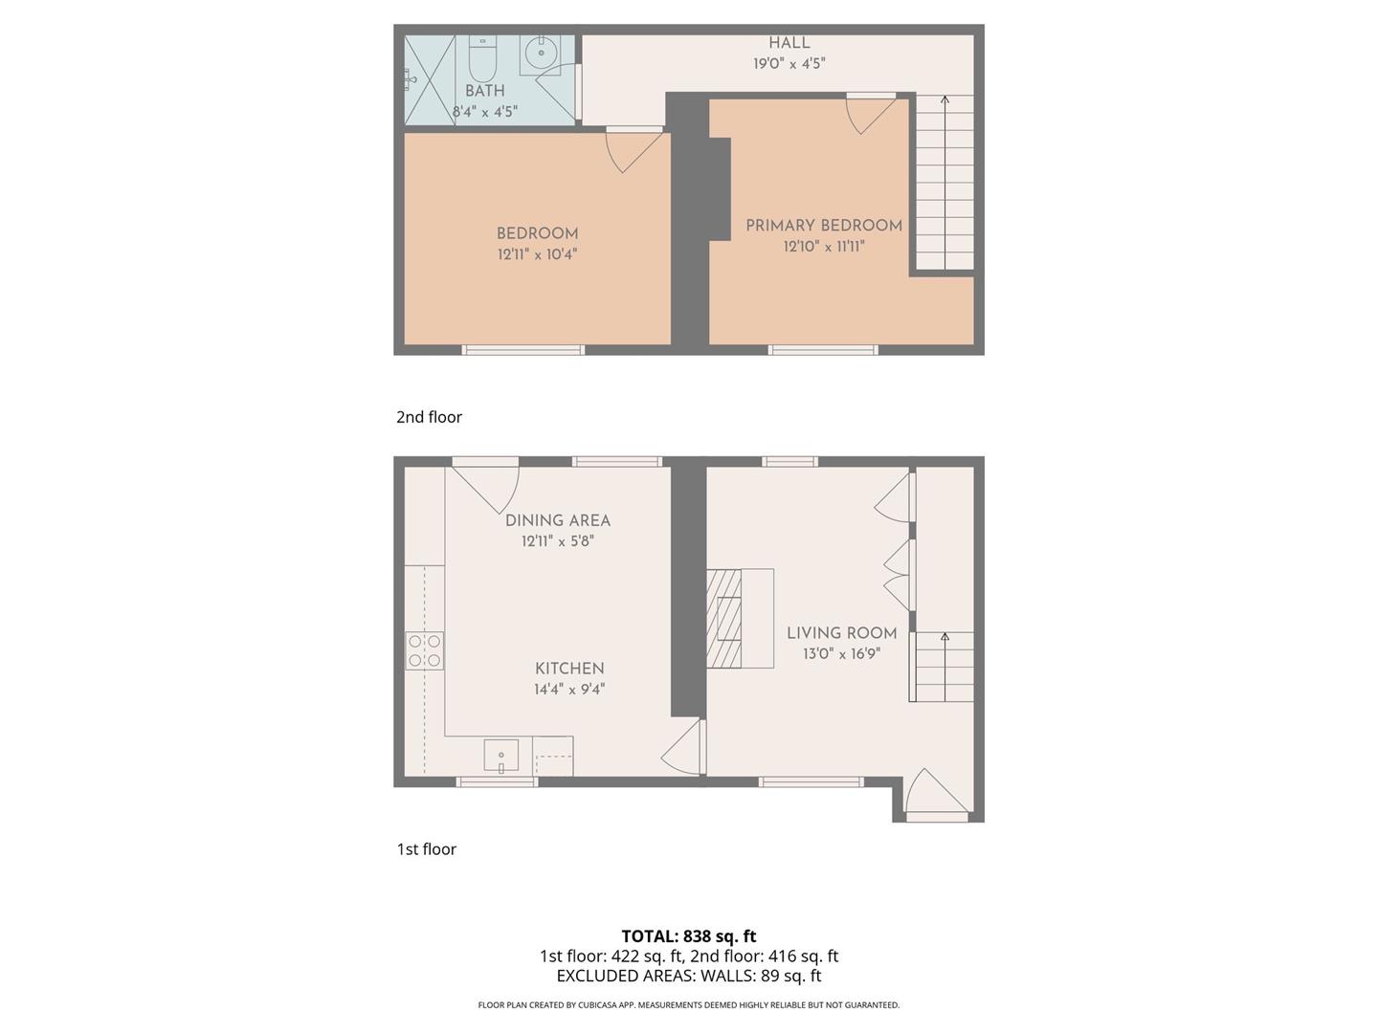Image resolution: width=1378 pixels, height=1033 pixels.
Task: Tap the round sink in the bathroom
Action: tap(541, 53)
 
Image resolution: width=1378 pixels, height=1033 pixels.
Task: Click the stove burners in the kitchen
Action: tap(425, 650)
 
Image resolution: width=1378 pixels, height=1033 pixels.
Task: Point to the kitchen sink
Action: tap(500, 756)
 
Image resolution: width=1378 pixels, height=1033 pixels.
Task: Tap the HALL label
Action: tap(789, 43)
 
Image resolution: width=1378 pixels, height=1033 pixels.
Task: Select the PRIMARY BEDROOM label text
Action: tap(824, 226)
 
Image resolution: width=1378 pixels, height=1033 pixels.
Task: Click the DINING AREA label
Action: tap(557, 520)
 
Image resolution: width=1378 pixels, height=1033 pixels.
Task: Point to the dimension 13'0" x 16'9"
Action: tap(841, 654)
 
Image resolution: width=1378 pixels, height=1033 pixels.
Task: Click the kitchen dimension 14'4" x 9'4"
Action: tap(569, 690)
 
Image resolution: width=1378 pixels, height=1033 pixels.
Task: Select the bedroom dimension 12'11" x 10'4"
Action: tap(537, 254)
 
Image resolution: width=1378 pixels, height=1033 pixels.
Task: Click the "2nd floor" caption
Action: tap(429, 417)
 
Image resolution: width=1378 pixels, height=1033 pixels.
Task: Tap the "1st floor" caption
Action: tap(426, 849)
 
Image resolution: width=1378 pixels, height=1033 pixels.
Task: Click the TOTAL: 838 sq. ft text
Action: tap(688, 936)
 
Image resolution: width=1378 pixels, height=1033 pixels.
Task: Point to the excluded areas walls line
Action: tap(688, 976)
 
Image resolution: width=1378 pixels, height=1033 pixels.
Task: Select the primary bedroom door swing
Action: tap(869, 113)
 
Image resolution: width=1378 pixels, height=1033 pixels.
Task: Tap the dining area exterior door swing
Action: tap(491, 486)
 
